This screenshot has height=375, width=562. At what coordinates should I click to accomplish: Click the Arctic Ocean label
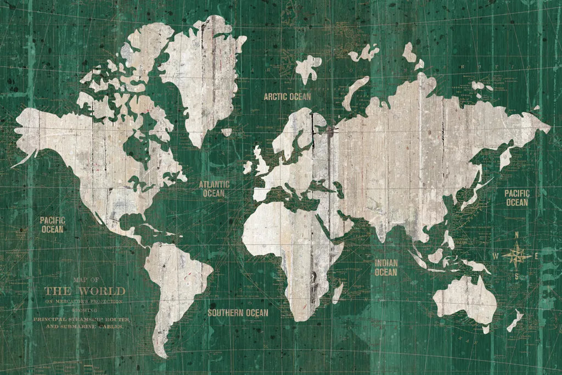pos(287,97)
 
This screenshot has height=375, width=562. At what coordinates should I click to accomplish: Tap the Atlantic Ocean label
pos(214,188)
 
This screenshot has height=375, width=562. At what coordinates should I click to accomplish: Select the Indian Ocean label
pos(386,267)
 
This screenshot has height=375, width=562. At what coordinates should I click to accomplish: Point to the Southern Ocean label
pos(238,313)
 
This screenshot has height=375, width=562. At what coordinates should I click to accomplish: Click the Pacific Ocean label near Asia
pos(517,198)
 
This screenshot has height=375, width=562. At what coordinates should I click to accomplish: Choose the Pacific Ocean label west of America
pos(52,225)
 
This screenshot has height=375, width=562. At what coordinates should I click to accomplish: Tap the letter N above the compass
pos(516,236)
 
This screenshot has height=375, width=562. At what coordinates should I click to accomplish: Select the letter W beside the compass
pos(496,256)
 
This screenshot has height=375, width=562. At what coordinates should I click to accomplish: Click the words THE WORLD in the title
pos(85,291)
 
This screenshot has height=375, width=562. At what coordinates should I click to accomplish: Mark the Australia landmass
pos(465,300)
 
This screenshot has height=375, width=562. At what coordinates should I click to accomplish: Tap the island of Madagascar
pos(338,292)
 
